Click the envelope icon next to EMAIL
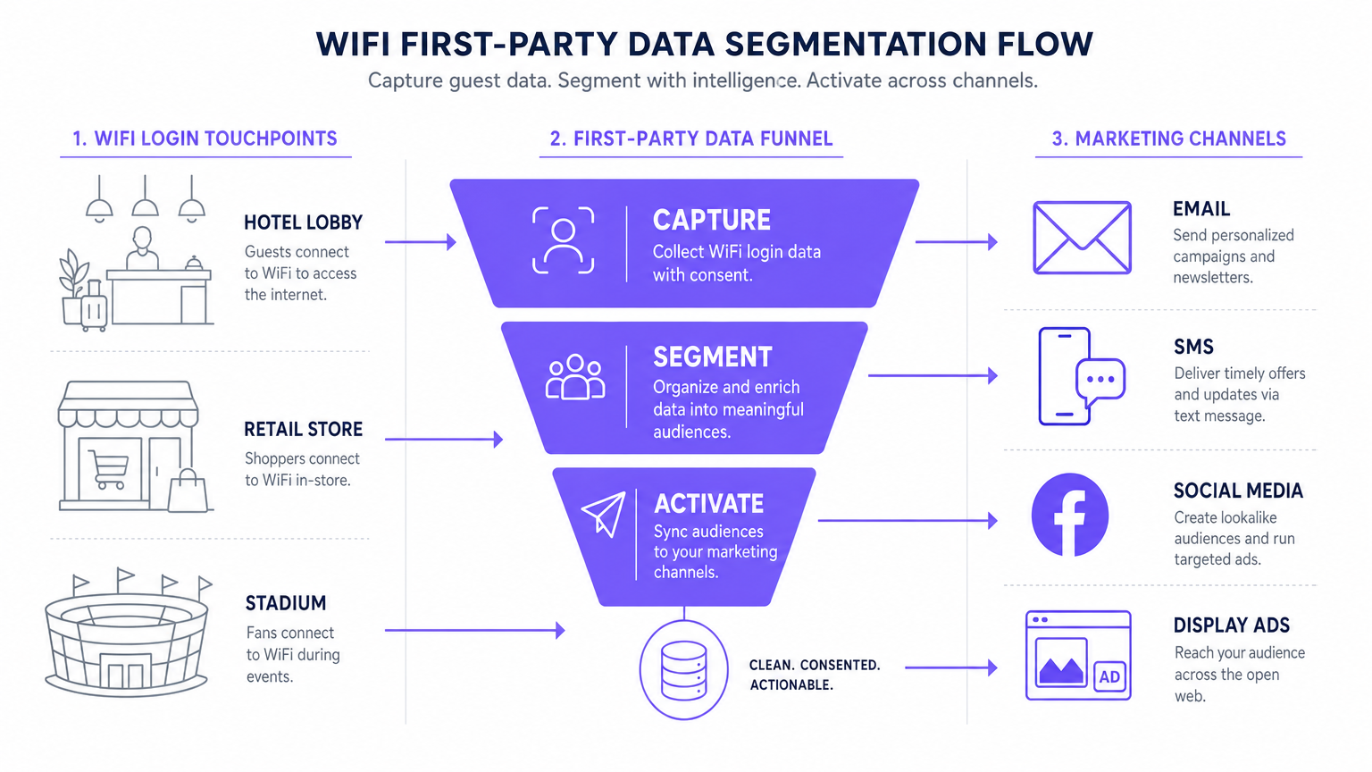coord(1082,238)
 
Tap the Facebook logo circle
coord(1069,516)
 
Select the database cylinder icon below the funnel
coord(684,670)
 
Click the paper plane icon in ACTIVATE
coord(604,514)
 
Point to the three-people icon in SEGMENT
coord(575,377)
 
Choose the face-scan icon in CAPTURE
coord(563,239)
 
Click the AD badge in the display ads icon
coord(1109,676)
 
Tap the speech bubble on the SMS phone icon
coord(1100,380)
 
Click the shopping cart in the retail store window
coord(109,469)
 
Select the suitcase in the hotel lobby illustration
coord(94,307)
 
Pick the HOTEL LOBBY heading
coord(303,222)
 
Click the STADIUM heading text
coord(286,603)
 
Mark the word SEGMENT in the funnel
coord(712,357)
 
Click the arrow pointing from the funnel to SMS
coord(933,375)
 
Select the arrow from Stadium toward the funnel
coord(474,630)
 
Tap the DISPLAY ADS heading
coord(1231,625)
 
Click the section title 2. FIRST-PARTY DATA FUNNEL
coord(691,138)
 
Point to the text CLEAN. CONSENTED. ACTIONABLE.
coord(814,675)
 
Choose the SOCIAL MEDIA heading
coord(1238,491)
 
